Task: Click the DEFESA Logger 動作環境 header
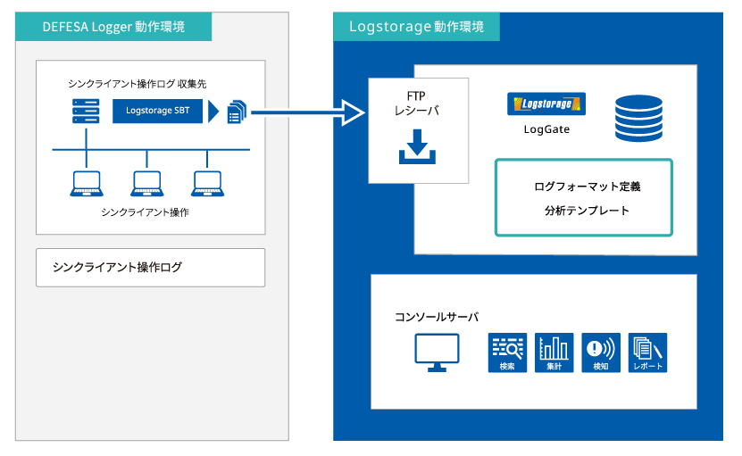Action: (x=113, y=27)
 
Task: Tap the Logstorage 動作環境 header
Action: (x=416, y=27)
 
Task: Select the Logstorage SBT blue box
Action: (x=157, y=111)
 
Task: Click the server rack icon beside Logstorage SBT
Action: (x=86, y=111)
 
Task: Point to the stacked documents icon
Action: (x=238, y=112)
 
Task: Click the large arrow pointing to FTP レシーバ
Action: (x=307, y=112)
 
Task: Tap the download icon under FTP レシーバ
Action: (x=417, y=146)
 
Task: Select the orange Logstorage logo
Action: (x=546, y=104)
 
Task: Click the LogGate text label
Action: (x=546, y=129)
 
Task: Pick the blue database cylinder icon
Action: (x=638, y=119)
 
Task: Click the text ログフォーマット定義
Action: (x=587, y=187)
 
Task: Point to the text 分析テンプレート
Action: (x=587, y=211)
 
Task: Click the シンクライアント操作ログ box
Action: (x=151, y=268)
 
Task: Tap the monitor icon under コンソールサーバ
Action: (x=437, y=352)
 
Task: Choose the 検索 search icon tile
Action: (x=507, y=352)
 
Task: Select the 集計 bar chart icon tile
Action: (x=554, y=352)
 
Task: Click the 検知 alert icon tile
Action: (x=601, y=352)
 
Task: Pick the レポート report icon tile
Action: (x=648, y=352)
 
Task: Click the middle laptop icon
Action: (x=147, y=184)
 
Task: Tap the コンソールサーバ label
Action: (x=437, y=317)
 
